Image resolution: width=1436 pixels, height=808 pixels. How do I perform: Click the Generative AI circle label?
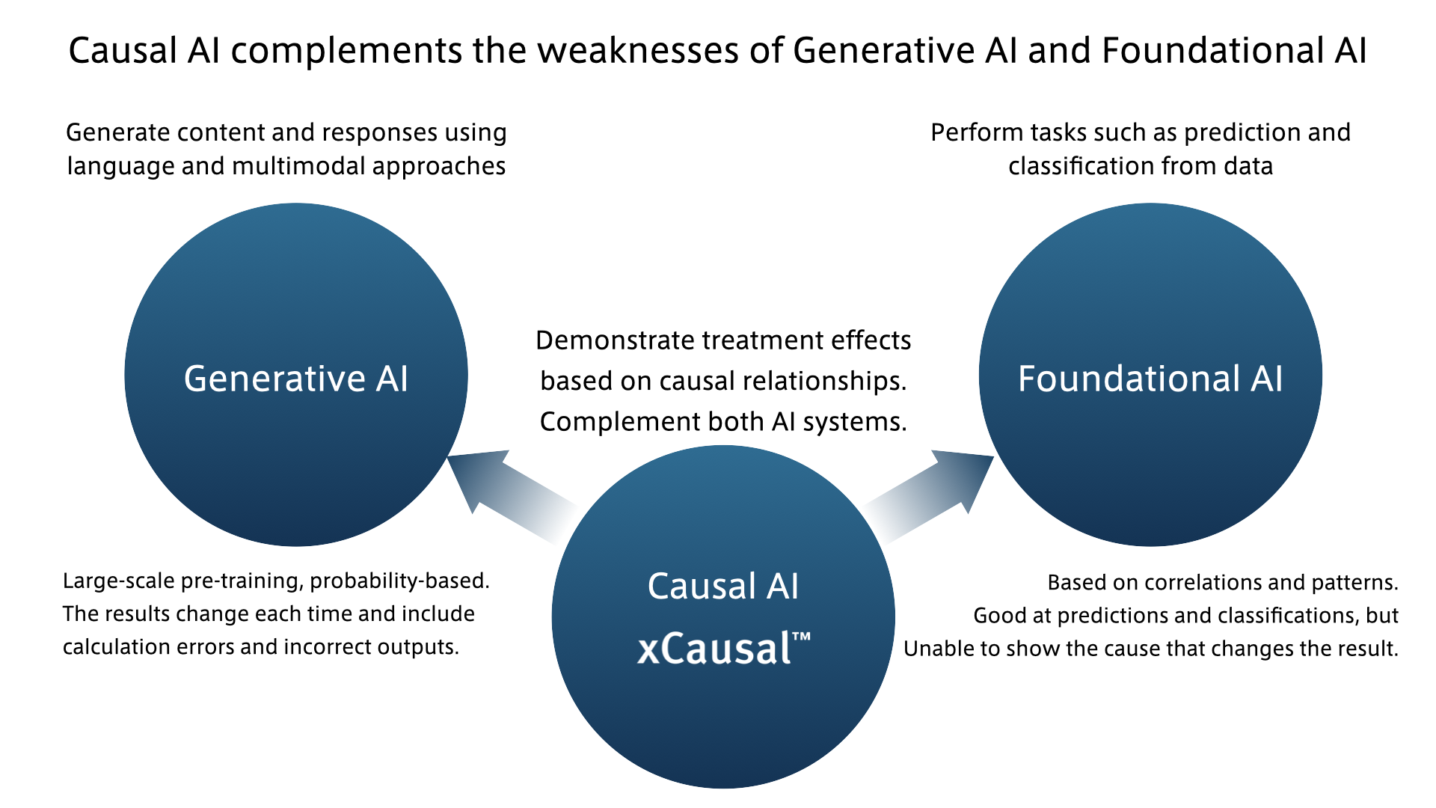[295, 379]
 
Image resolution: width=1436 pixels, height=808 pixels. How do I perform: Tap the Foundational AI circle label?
[1150, 379]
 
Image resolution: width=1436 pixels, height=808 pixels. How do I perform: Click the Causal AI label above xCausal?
[723, 586]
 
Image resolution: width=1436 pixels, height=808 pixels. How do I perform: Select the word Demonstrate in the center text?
[615, 341]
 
